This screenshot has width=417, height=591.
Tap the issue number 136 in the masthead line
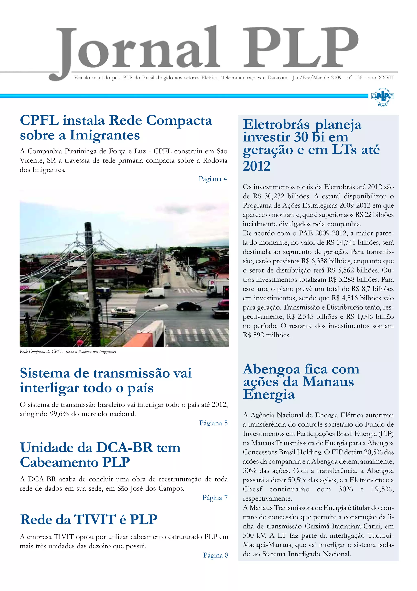point(358,77)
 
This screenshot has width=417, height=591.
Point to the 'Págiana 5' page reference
point(213,423)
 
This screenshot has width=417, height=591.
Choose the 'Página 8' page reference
point(216,555)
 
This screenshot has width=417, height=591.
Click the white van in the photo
point(155,293)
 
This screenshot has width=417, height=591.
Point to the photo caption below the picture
point(68,352)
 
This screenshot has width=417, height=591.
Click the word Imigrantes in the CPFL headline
point(105,135)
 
